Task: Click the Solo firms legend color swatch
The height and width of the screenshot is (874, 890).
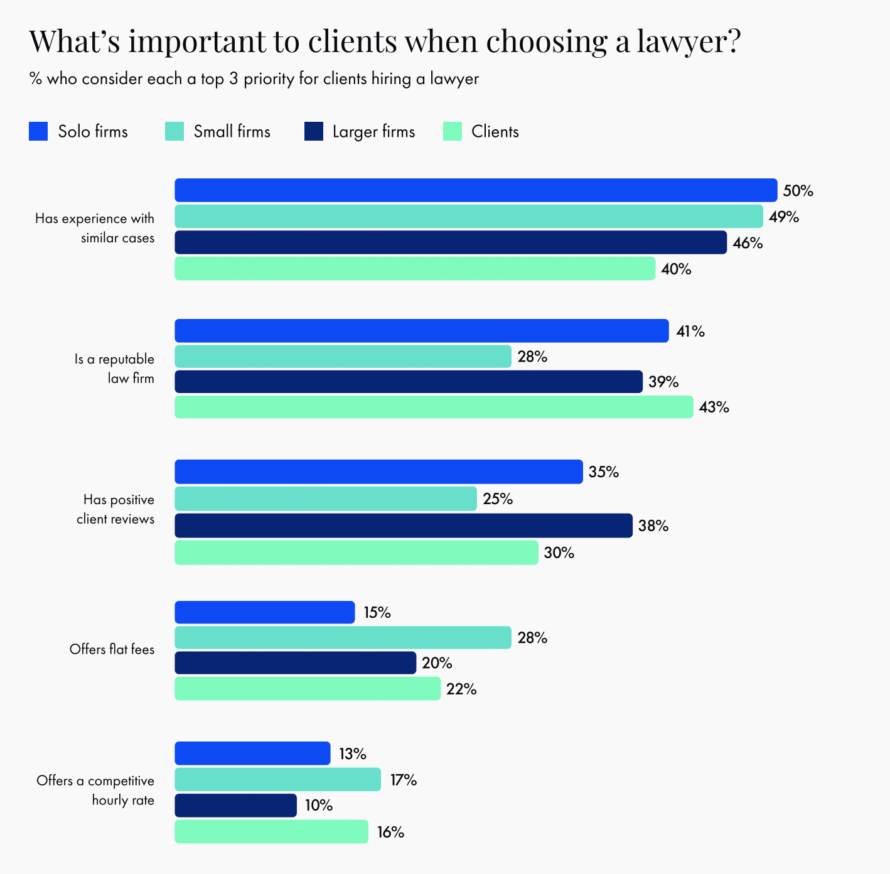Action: pos(38,131)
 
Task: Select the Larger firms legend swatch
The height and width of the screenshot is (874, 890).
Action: pos(313,131)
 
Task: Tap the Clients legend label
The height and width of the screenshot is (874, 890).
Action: pos(495,132)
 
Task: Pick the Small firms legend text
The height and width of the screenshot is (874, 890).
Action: pos(232,132)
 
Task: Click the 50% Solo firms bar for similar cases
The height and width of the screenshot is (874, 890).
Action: pos(476,190)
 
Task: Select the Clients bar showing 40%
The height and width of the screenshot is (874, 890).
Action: pos(414,269)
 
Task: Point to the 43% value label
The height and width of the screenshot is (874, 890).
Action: pos(714,407)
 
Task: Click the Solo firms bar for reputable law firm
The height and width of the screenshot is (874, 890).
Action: pos(421,331)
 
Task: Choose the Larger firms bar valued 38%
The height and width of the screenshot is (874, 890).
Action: pos(403,526)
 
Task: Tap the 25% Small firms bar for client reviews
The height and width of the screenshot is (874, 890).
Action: pos(325,499)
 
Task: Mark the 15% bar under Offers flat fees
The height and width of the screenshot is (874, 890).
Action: pos(264,612)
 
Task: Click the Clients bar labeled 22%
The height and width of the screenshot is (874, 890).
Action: pos(307,689)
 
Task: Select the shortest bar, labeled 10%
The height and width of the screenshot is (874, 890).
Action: pos(235,806)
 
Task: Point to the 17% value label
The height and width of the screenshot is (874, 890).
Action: pos(403,780)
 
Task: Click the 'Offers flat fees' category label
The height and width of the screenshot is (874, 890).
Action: pos(112,650)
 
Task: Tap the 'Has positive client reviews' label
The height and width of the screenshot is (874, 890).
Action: pos(115,509)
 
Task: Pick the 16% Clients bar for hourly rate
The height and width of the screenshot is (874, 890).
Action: pos(271,832)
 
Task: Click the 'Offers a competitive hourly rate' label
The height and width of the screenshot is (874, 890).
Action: pos(95,790)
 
